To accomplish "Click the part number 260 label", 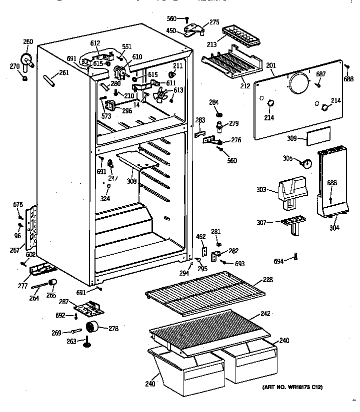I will [x=28, y=42].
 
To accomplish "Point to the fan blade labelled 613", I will [x=162, y=95].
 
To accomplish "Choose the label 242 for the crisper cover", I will [x=265, y=315].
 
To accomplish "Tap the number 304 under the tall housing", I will [x=334, y=228].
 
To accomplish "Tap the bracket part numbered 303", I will [x=292, y=190].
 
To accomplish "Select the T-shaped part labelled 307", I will [x=292, y=223].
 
